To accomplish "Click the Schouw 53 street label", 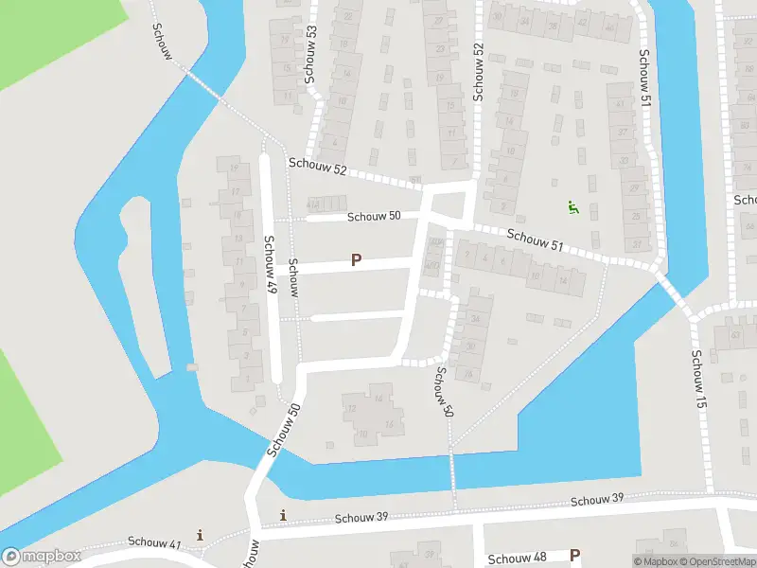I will (310, 53).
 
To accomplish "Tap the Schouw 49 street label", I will (270, 266).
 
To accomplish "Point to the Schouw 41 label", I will (154, 543).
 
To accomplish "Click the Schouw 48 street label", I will (516, 559).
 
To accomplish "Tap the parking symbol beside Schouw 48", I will (574, 556).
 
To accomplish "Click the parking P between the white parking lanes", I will (357, 259).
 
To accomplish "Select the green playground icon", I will (572, 206).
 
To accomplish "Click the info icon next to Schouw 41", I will (200, 535).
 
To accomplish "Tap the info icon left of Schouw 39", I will (282, 515).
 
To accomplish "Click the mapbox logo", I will (42, 557).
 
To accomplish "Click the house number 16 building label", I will (388, 424).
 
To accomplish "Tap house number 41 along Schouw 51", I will (620, 102).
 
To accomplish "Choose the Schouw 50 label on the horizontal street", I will (374, 216).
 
